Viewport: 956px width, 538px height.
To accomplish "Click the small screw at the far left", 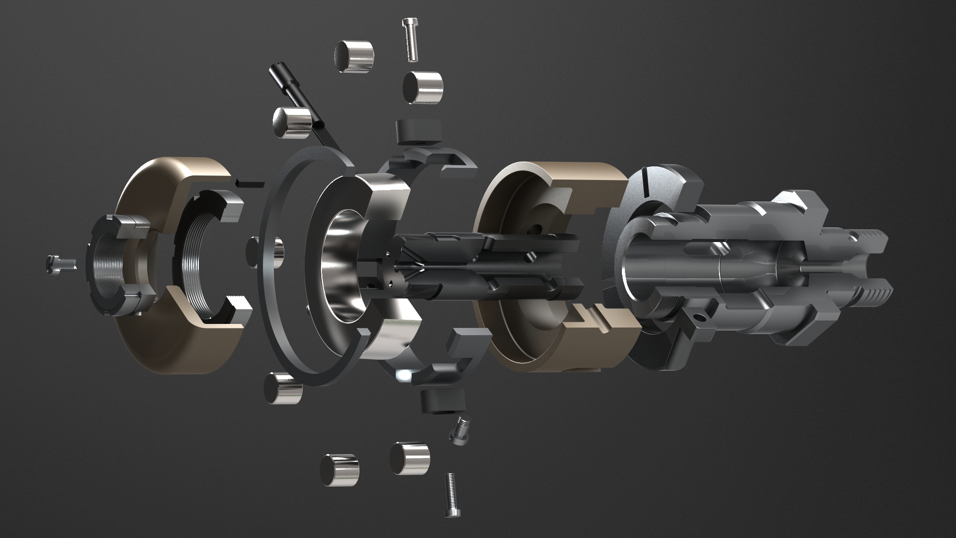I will (60, 263).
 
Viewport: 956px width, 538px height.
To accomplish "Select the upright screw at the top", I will (411, 40).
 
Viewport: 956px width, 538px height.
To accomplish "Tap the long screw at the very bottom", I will (451, 494).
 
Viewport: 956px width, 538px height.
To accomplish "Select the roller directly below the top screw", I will (423, 87).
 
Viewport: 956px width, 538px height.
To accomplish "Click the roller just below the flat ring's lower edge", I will (283, 388).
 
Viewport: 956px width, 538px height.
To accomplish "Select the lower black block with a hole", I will (442, 401).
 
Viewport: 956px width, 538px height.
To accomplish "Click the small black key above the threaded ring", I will (250, 183).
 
